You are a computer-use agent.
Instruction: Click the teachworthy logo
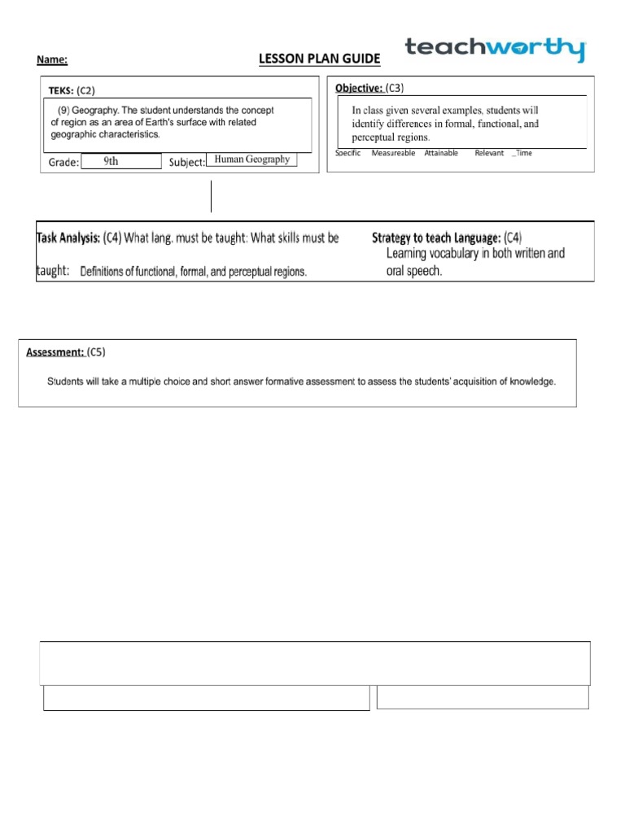pos(495,49)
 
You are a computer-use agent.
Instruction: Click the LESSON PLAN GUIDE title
pos(319,59)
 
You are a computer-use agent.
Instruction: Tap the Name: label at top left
pos(52,60)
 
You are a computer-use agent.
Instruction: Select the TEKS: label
pos(61,90)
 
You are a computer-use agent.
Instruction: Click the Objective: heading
pos(359,87)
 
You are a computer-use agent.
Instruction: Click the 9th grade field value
pos(111,161)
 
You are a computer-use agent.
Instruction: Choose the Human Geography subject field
pos(251,160)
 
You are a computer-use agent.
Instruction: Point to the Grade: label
pos(63,163)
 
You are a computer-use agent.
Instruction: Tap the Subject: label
pos(187,163)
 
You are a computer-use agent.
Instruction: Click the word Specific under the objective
pos(347,153)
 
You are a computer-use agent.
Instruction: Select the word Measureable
pos(393,153)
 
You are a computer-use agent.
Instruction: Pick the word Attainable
pos(441,153)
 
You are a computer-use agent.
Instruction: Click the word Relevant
pos(489,153)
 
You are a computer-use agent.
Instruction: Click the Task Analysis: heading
pos(68,238)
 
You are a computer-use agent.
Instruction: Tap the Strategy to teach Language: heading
pos(435,238)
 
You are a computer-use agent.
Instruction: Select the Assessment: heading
pos(55,352)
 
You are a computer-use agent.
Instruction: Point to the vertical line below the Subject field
pos(212,196)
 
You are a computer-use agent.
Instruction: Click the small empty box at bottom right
pos(483,697)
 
